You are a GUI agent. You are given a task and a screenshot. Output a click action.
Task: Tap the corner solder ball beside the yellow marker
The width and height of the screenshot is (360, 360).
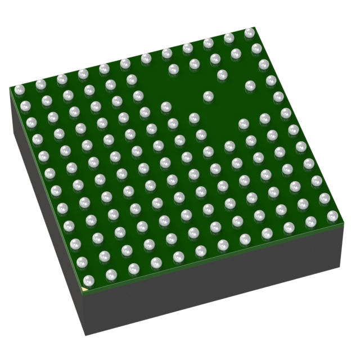click(88, 280)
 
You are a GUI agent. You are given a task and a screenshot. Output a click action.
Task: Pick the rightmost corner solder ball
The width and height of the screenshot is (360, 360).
click(332, 215)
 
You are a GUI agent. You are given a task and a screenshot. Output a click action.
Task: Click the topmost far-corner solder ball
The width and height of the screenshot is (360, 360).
click(250, 33)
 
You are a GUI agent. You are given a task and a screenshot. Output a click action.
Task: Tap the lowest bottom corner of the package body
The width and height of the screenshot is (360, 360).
click(85, 335)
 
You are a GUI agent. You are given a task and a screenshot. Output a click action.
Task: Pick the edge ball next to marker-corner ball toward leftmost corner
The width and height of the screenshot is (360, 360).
click(82, 262)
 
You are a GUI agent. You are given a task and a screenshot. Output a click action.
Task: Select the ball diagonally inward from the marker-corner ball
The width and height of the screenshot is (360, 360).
click(104, 256)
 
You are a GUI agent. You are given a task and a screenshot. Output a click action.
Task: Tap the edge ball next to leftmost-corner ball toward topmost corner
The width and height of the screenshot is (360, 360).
click(40, 84)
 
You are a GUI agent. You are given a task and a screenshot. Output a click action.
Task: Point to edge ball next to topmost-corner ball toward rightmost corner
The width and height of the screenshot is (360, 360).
click(256, 49)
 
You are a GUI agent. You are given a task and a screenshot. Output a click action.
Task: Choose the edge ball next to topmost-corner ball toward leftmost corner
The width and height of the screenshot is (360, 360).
click(229, 38)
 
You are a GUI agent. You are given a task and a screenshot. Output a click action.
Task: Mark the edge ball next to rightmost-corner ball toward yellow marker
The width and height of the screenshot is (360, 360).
click(311, 221)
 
